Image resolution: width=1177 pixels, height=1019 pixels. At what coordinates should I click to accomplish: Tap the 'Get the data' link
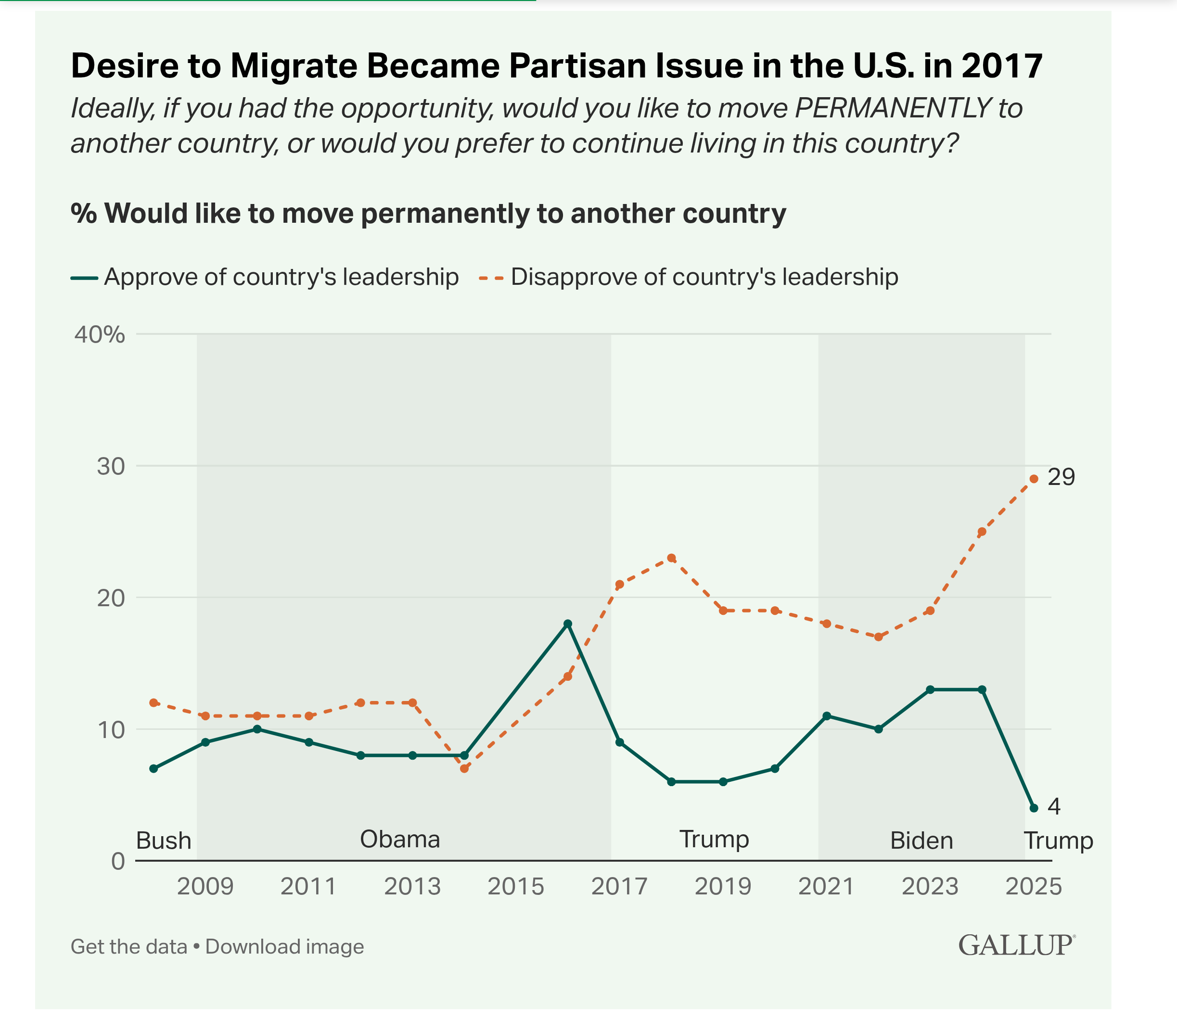click(x=129, y=947)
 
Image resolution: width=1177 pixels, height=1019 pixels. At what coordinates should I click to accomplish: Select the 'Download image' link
click(x=284, y=947)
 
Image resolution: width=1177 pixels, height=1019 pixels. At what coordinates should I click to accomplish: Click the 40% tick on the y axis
click(x=100, y=334)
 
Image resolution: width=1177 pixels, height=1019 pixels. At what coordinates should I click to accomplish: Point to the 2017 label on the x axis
click(x=619, y=887)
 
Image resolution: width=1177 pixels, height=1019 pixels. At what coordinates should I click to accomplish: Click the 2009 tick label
click(x=205, y=887)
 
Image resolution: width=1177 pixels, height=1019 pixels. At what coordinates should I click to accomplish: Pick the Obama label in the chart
click(x=400, y=840)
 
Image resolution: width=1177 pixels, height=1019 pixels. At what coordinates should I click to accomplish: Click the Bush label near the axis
click(x=164, y=841)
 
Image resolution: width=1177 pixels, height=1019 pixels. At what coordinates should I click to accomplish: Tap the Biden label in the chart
click(x=921, y=841)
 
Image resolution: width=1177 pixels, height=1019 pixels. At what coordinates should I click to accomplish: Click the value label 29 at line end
click(x=1061, y=477)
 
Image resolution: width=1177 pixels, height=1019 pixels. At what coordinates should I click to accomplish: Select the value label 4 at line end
click(x=1054, y=806)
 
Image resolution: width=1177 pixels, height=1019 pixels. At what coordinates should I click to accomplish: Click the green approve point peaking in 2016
click(x=567, y=624)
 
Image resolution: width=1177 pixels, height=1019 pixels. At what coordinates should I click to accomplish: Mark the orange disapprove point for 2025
click(x=1034, y=479)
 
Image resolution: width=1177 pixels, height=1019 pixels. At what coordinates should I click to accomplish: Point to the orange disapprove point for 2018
click(x=671, y=558)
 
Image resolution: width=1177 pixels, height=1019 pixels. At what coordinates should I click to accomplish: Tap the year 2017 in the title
click(x=1002, y=65)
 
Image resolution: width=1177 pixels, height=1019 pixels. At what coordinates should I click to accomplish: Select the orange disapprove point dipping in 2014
click(x=464, y=769)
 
